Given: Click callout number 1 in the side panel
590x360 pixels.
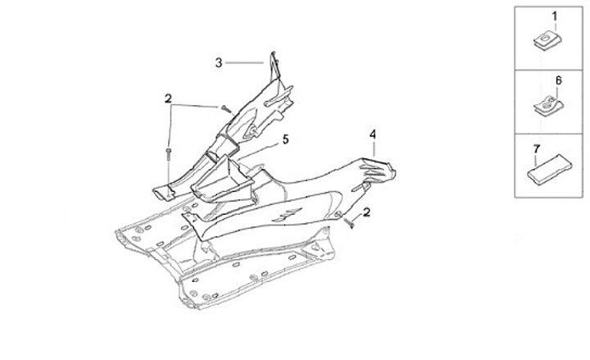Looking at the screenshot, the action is tap(554, 16).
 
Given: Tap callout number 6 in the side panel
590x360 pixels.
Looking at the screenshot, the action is tap(559, 81).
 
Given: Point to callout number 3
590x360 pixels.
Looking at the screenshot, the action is tap(219, 62).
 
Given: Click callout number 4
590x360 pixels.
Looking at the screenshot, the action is tap(372, 134).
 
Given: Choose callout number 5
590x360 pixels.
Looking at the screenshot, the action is tap(285, 140).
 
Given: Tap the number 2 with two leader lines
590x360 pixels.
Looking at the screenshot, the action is tap(168, 99).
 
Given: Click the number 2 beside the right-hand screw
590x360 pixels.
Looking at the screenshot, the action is tap(366, 212).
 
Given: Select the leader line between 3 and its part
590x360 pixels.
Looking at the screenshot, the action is tap(245, 62).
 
